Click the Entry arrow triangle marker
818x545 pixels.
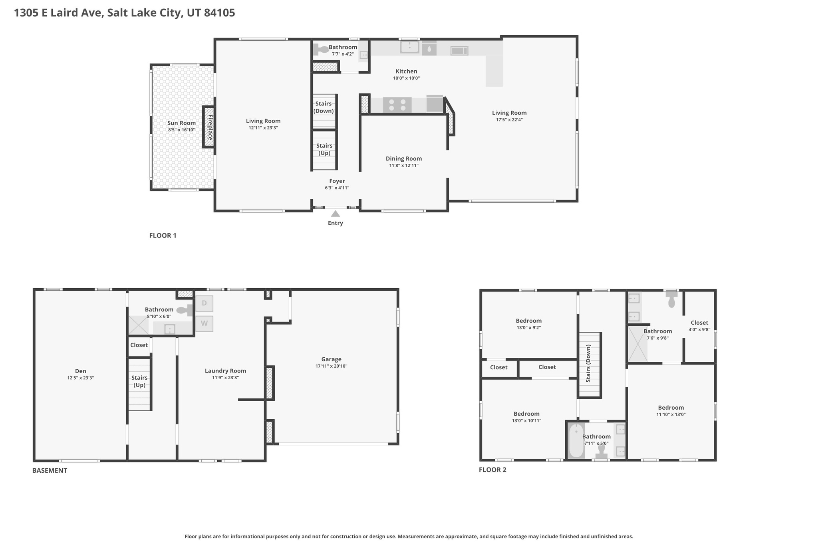tap(336, 214)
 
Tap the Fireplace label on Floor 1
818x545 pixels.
tap(210, 127)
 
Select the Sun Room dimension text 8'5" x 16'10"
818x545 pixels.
tap(181, 130)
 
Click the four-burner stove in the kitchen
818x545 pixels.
tap(397, 105)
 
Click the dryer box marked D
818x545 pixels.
tap(204, 303)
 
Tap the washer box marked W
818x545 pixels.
tap(204, 323)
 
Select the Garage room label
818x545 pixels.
tap(331, 359)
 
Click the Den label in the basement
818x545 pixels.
tap(80, 371)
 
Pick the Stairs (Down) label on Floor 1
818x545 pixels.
tap(324, 107)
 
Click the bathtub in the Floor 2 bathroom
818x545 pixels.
tap(576, 441)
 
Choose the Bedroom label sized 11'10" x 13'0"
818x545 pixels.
tap(671, 407)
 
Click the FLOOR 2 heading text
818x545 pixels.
tap(492, 470)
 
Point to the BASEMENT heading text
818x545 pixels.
tap(50, 470)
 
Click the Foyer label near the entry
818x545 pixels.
tap(337, 181)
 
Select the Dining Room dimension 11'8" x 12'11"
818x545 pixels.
tap(403, 165)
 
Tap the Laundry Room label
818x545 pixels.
tap(225, 371)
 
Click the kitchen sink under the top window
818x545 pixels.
tap(409, 47)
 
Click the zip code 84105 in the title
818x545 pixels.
tap(219, 13)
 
